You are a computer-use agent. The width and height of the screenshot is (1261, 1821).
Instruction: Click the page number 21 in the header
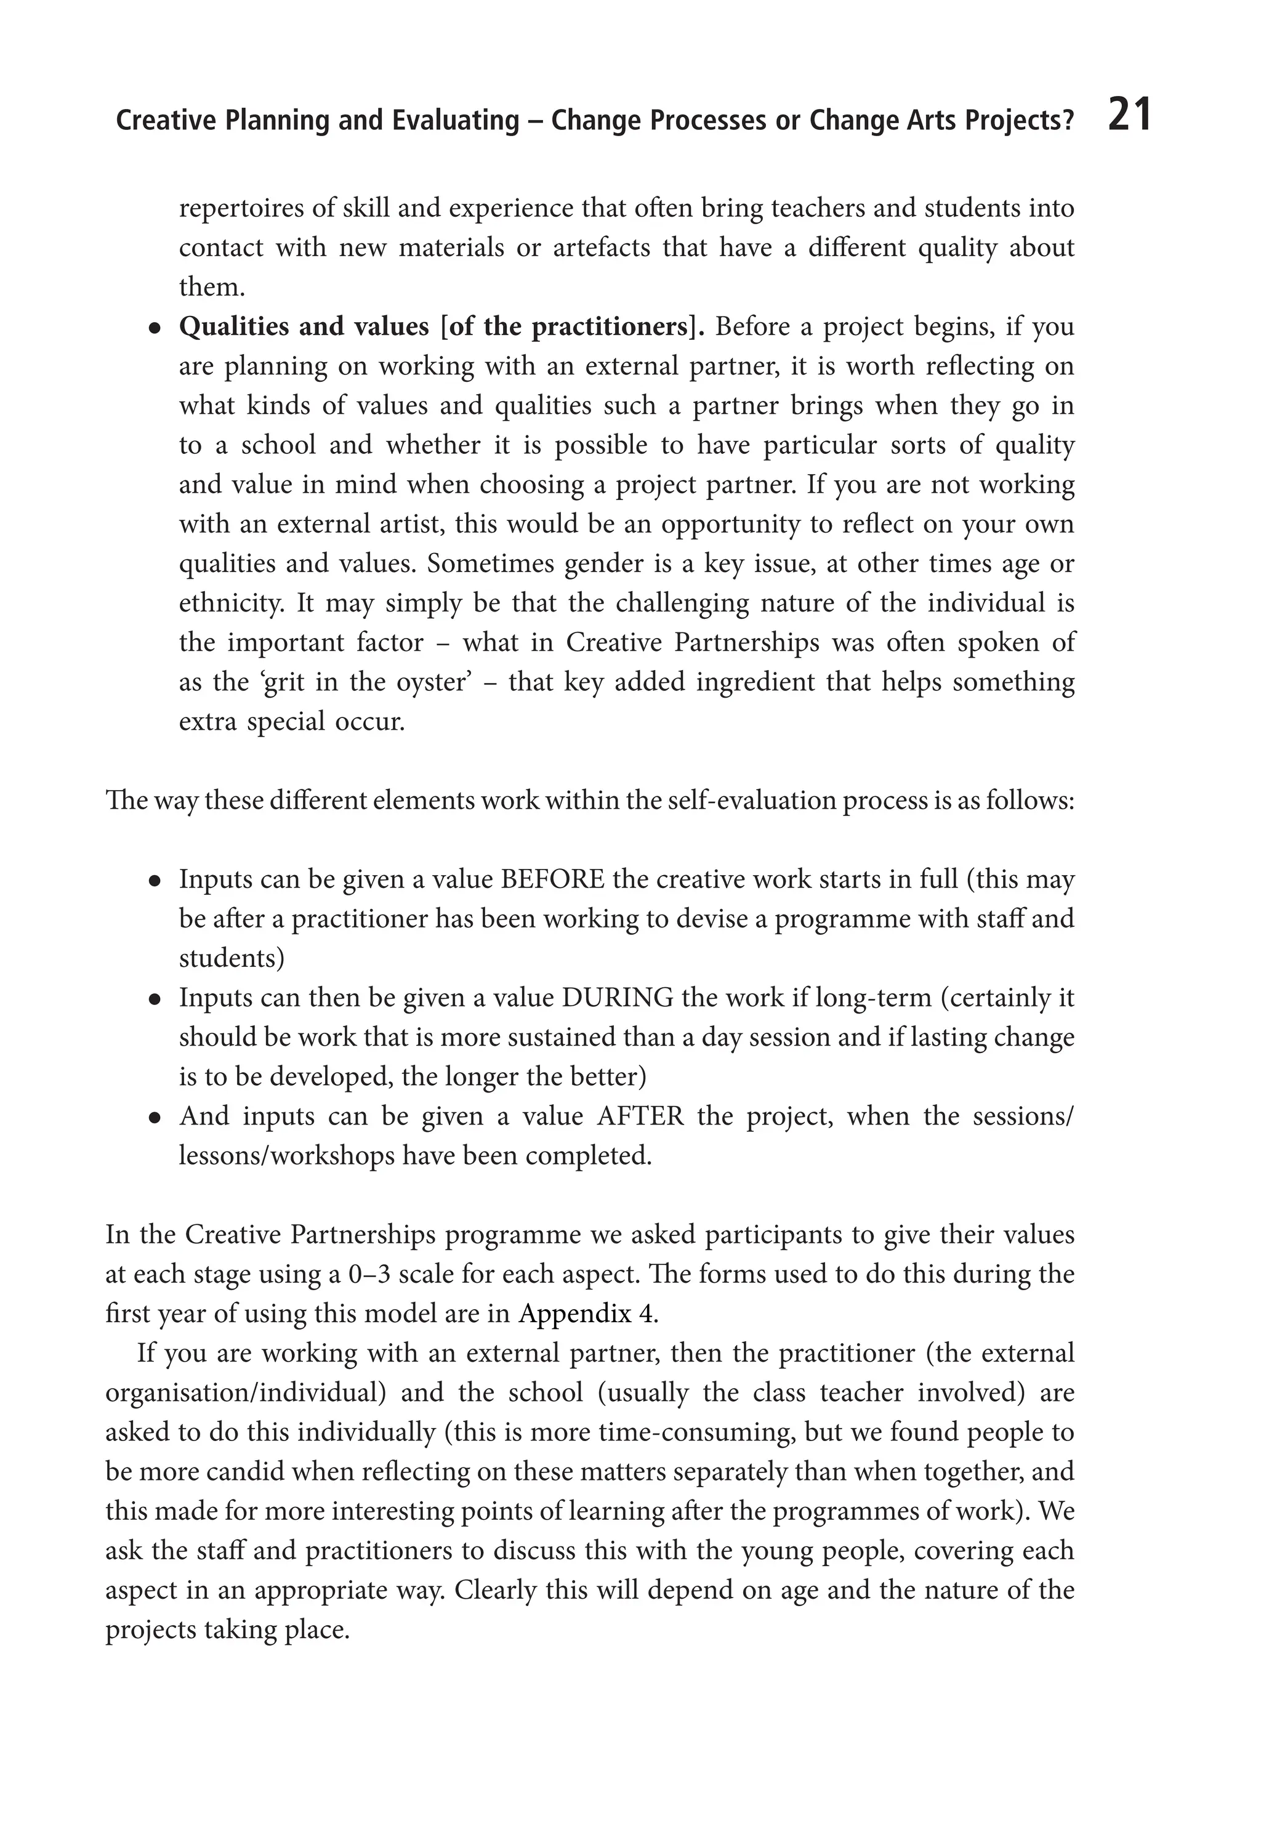click(1129, 115)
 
